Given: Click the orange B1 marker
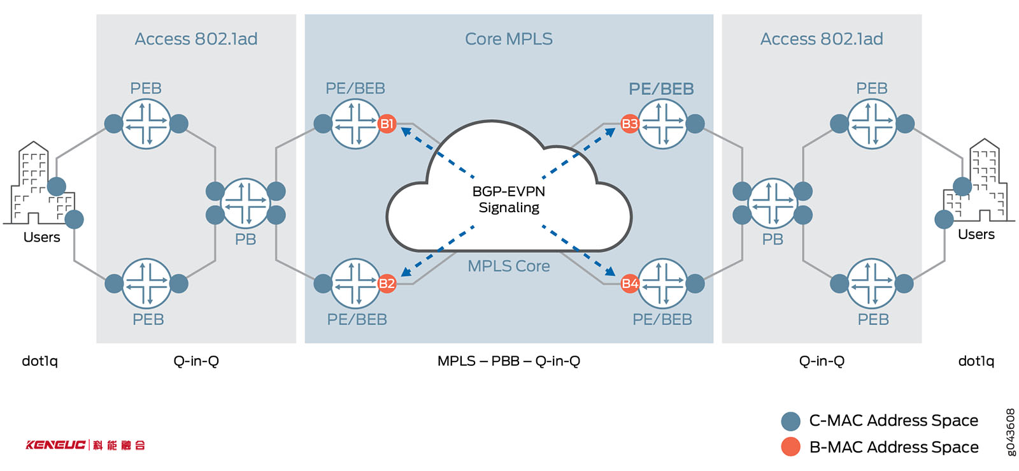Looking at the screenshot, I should click(387, 124).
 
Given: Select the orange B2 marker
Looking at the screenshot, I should click(387, 283).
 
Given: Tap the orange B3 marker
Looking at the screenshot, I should click(630, 124).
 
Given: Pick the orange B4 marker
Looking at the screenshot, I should click(630, 283).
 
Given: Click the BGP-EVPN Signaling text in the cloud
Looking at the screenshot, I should click(508, 199).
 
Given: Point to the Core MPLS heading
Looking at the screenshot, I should click(508, 39).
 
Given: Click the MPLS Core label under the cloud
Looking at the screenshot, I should click(508, 266).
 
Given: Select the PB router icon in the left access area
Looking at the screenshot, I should click(245, 203).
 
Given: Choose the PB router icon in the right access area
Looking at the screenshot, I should click(773, 203).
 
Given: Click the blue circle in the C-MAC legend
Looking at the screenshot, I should click(790, 421).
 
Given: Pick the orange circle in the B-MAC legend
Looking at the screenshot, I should click(790, 447).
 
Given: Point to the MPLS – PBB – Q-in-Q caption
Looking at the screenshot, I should click(508, 361).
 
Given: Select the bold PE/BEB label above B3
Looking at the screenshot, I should click(661, 89).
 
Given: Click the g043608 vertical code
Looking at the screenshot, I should click(1010, 432).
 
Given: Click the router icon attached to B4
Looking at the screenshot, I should click(662, 283).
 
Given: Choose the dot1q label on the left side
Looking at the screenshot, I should click(39, 361).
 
